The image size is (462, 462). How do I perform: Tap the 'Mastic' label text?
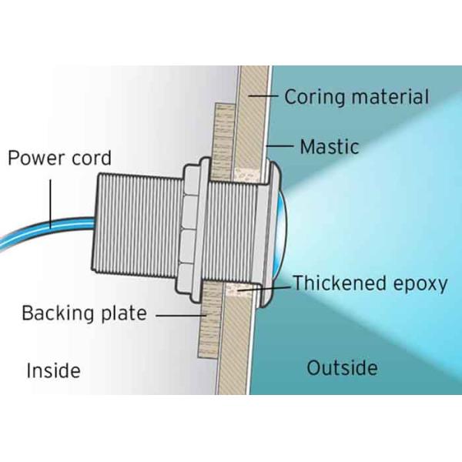(330, 146)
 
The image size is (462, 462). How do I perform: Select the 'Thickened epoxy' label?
(370, 283)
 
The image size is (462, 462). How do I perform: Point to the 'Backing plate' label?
(84, 313)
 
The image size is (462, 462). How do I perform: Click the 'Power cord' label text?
(59, 159)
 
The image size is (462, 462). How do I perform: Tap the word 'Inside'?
(53, 370)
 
